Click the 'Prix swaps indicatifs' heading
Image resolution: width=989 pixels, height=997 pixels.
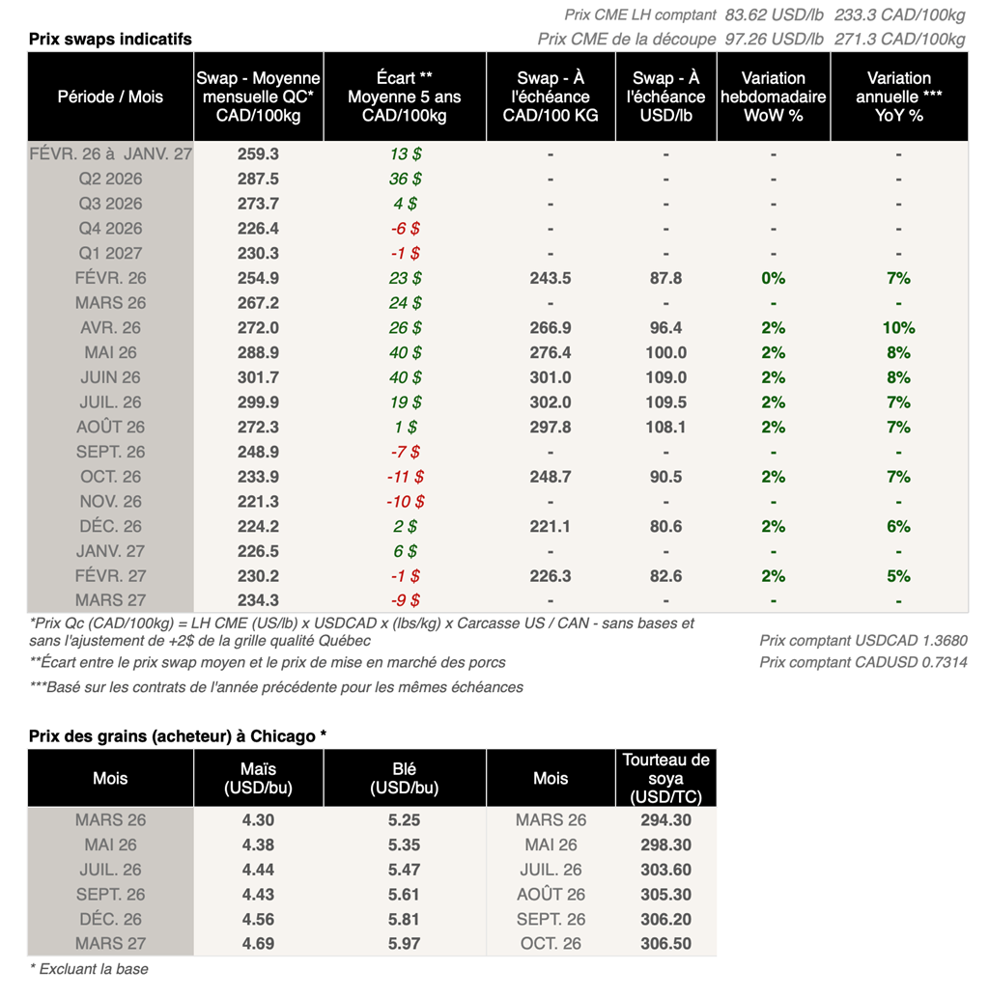(x=110, y=39)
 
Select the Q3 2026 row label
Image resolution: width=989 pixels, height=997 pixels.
(x=110, y=204)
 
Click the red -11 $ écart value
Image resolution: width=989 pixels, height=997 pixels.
(x=405, y=477)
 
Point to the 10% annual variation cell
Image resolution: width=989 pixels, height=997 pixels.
(x=898, y=328)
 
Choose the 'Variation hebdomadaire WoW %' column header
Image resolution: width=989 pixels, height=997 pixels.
(x=773, y=97)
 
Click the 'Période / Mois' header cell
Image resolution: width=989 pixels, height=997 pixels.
(x=110, y=97)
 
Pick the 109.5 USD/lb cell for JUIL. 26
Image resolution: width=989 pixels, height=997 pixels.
(x=666, y=402)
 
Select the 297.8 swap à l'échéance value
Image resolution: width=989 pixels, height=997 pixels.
(x=551, y=428)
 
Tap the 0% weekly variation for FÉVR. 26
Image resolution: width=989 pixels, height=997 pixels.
(x=773, y=278)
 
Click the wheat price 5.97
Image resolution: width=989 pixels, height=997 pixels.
(x=404, y=944)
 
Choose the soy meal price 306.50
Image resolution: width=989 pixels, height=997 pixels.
(x=665, y=944)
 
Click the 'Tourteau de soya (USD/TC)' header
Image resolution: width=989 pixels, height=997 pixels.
(x=665, y=778)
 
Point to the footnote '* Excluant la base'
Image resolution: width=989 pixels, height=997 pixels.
(x=89, y=969)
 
